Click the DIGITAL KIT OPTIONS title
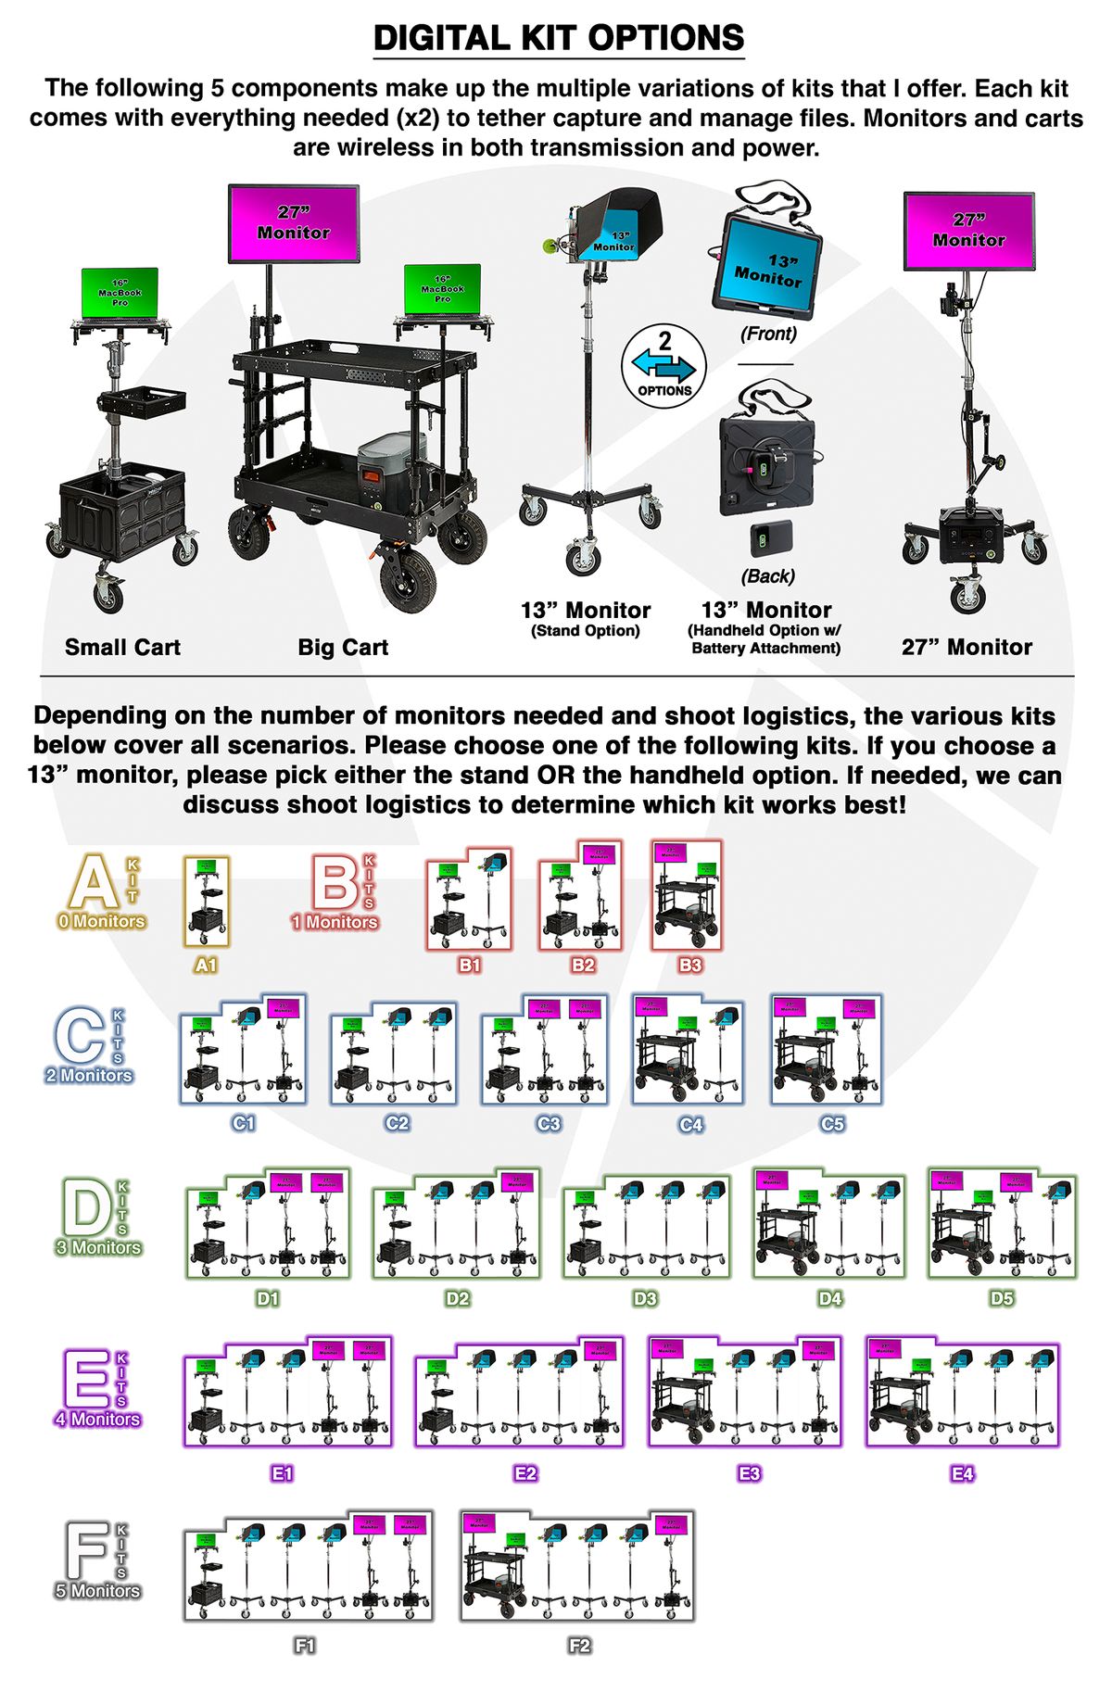coord(558,38)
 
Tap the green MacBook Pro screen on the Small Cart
coord(120,293)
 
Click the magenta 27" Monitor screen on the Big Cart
coord(294,223)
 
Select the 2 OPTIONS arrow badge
coord(663,367)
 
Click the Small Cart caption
coord(122,648)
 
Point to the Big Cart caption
coord(343,648)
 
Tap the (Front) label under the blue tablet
coord(768,334)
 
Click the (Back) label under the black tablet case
coord(768,576)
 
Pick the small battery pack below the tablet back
coord(767,538)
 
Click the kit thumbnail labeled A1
coord(206,901)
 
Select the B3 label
coord(690,965)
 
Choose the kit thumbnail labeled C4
coord(688,1049)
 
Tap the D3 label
coord(645,1298)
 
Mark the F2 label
coord(579,1646)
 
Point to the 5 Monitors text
coord(97,1591)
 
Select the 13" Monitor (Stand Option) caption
coord(585,619)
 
